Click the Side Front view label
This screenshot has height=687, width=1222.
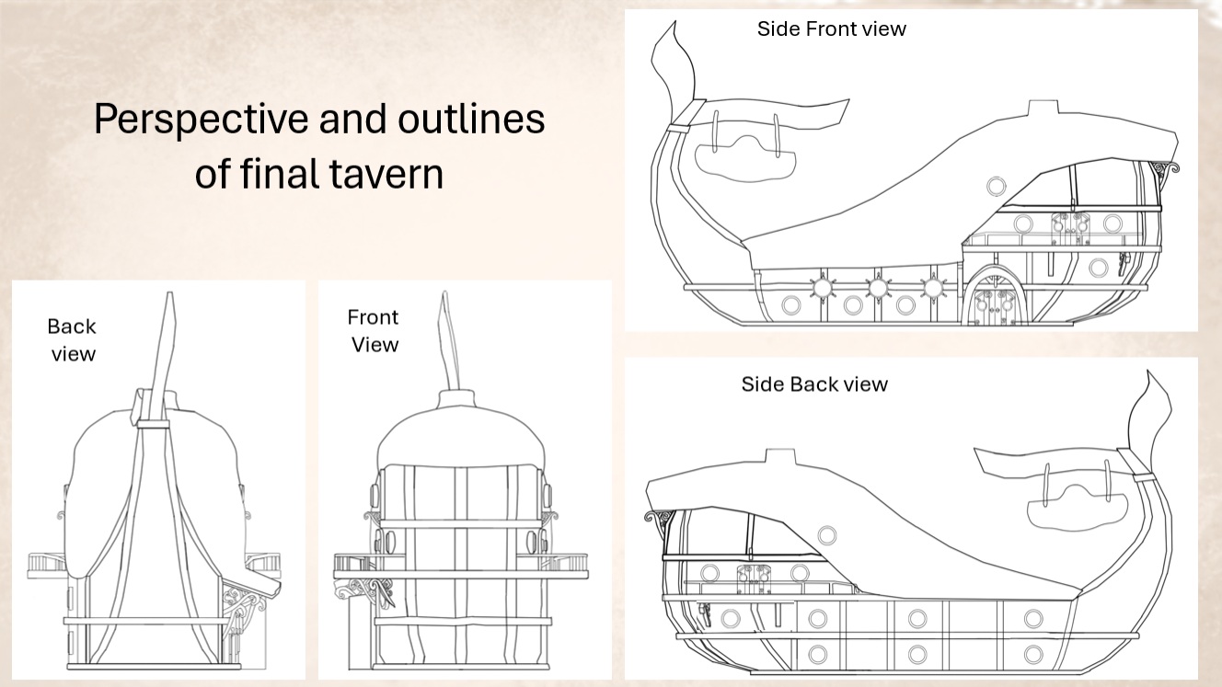[x=832, y=29]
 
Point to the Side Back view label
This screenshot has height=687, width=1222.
[x=814, y=384]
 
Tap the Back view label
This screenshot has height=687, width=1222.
[x=72, y=340]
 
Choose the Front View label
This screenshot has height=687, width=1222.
[x=374, y=331]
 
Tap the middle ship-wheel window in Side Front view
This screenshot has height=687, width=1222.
[x=878, y=287]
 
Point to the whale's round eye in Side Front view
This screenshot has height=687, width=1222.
[x=997, y=187]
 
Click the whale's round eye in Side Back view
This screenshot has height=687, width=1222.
[x=827, y=535]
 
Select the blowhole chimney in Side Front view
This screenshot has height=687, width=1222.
[x=1043, y=108]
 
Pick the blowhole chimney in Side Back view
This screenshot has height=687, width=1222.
[x=781, y=456]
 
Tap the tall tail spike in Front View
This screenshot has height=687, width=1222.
[x=449, y=342]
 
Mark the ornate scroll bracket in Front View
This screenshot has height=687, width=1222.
[x=363, y=592]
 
